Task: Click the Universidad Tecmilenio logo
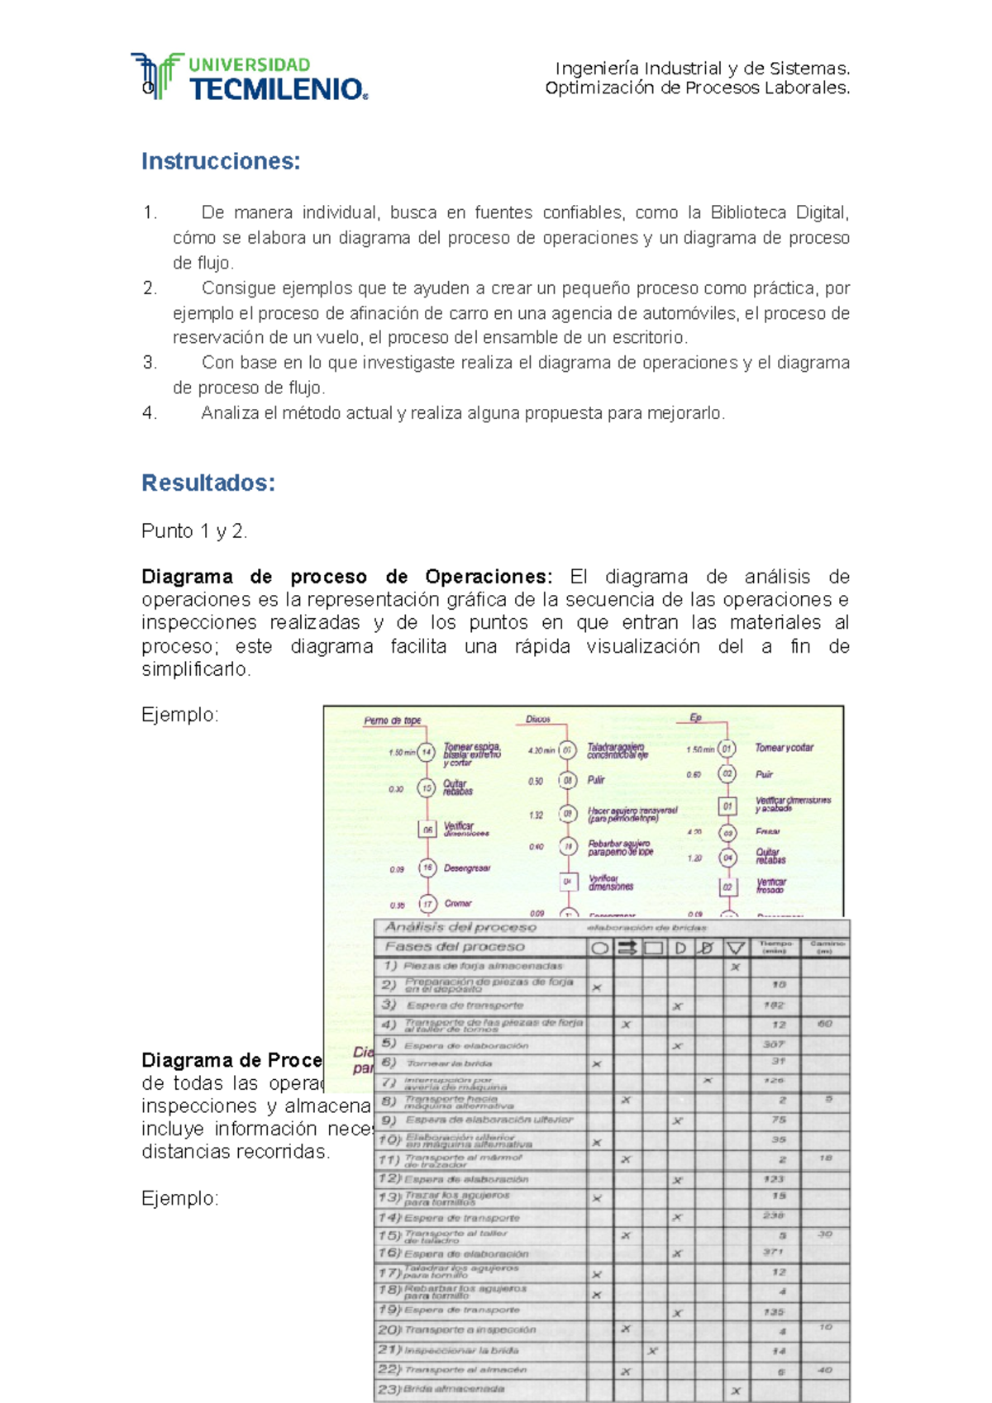click(248, 78)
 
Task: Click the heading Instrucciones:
click(220, 161)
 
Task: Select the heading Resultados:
click(207, 483)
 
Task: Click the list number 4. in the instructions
click(150, 413)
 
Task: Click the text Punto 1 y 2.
click(194, 531)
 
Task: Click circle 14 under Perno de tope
click(427, 753)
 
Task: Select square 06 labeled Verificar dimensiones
click(427, 829)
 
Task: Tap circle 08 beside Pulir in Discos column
click(567, 780)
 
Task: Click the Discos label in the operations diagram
click(538, 719)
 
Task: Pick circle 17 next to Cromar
click(427, 904)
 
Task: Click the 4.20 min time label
click(541, 751)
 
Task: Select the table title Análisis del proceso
click(460, 927)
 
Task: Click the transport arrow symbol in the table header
click(627, 948)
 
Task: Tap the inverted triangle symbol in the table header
click(735, 948)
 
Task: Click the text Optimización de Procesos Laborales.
click(697, 88)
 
